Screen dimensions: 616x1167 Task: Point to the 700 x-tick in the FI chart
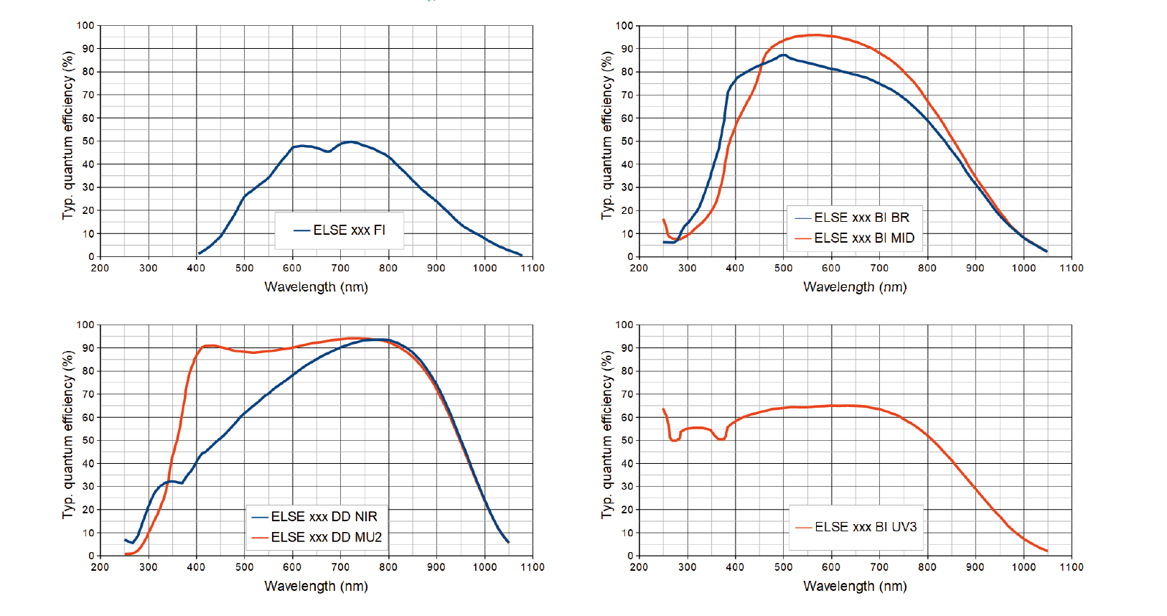[340, 269]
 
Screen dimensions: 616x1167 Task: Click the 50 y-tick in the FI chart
[88, 141]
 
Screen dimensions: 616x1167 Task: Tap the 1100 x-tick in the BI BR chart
[1072, 269]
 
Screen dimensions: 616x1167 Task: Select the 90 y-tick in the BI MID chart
[627, 49]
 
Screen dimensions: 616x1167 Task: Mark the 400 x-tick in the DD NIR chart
[196, 567]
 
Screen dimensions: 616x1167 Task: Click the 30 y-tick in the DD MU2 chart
[88, 487]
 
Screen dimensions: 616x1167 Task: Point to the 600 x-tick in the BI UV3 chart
[831, 567]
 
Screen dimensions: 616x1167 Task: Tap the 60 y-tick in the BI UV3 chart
[627, 417]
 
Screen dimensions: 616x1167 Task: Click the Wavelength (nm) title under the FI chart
[316, 287]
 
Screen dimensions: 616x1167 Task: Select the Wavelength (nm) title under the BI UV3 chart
[855, 587]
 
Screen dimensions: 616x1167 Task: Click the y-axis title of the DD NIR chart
[68, 434]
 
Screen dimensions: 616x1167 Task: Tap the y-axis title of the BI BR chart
[607, 135]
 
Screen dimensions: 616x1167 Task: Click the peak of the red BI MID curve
[815, 34]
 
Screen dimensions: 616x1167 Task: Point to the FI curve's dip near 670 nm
[328, 151]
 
